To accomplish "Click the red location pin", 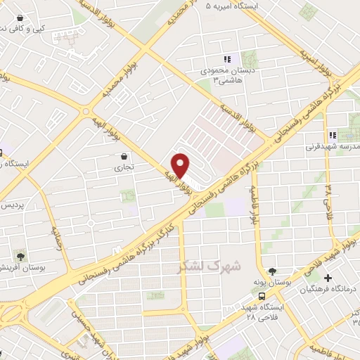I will pos(181,165).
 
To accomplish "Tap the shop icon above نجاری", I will pos(124,156).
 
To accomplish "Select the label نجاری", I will pos(124,169).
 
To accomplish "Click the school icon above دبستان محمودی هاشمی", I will pos(226,59).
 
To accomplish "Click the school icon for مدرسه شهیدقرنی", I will pos(331,136).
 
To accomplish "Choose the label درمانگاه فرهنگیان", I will pos(329,289).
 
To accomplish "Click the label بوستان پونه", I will pos(271,283).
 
